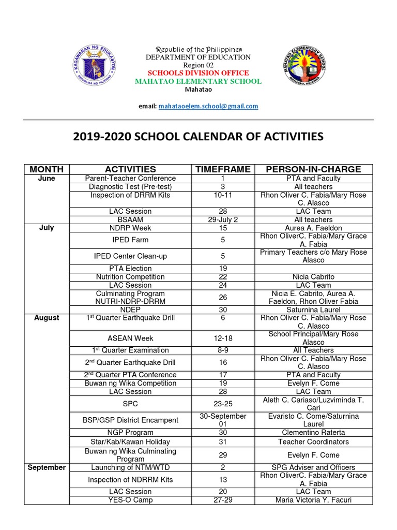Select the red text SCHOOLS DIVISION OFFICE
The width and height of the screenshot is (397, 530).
(x=198, y=73)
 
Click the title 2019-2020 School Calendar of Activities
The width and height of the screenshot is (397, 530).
(x=198, y=137)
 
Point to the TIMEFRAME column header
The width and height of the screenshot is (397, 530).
(x=222, y=169)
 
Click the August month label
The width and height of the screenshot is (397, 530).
(x=47, y=318)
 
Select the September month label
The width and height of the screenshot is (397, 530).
(x=47, y=467)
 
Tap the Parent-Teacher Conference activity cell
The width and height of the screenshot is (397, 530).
(x=130, y=178)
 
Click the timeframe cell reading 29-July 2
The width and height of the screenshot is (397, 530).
(x=222, y=219)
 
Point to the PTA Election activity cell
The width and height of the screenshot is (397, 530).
(x=130, y=269)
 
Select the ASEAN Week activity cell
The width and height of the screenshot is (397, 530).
(x=130, y=338)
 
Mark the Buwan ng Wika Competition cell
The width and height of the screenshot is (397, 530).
(x=130, y=384)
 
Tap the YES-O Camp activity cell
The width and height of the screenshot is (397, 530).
(x=130, y=500)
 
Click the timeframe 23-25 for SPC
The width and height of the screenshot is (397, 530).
(x=222, y=404)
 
